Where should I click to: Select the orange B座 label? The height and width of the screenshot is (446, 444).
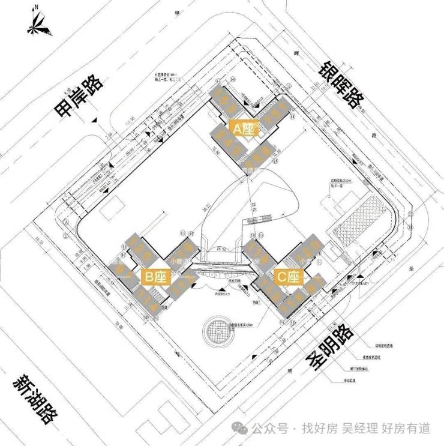coord(155,277)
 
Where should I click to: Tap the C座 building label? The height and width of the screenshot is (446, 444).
coord(287,277)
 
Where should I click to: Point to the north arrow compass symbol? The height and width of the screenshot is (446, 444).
coord(37,25)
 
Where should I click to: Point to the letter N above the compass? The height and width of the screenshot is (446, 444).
coord(37,8)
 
